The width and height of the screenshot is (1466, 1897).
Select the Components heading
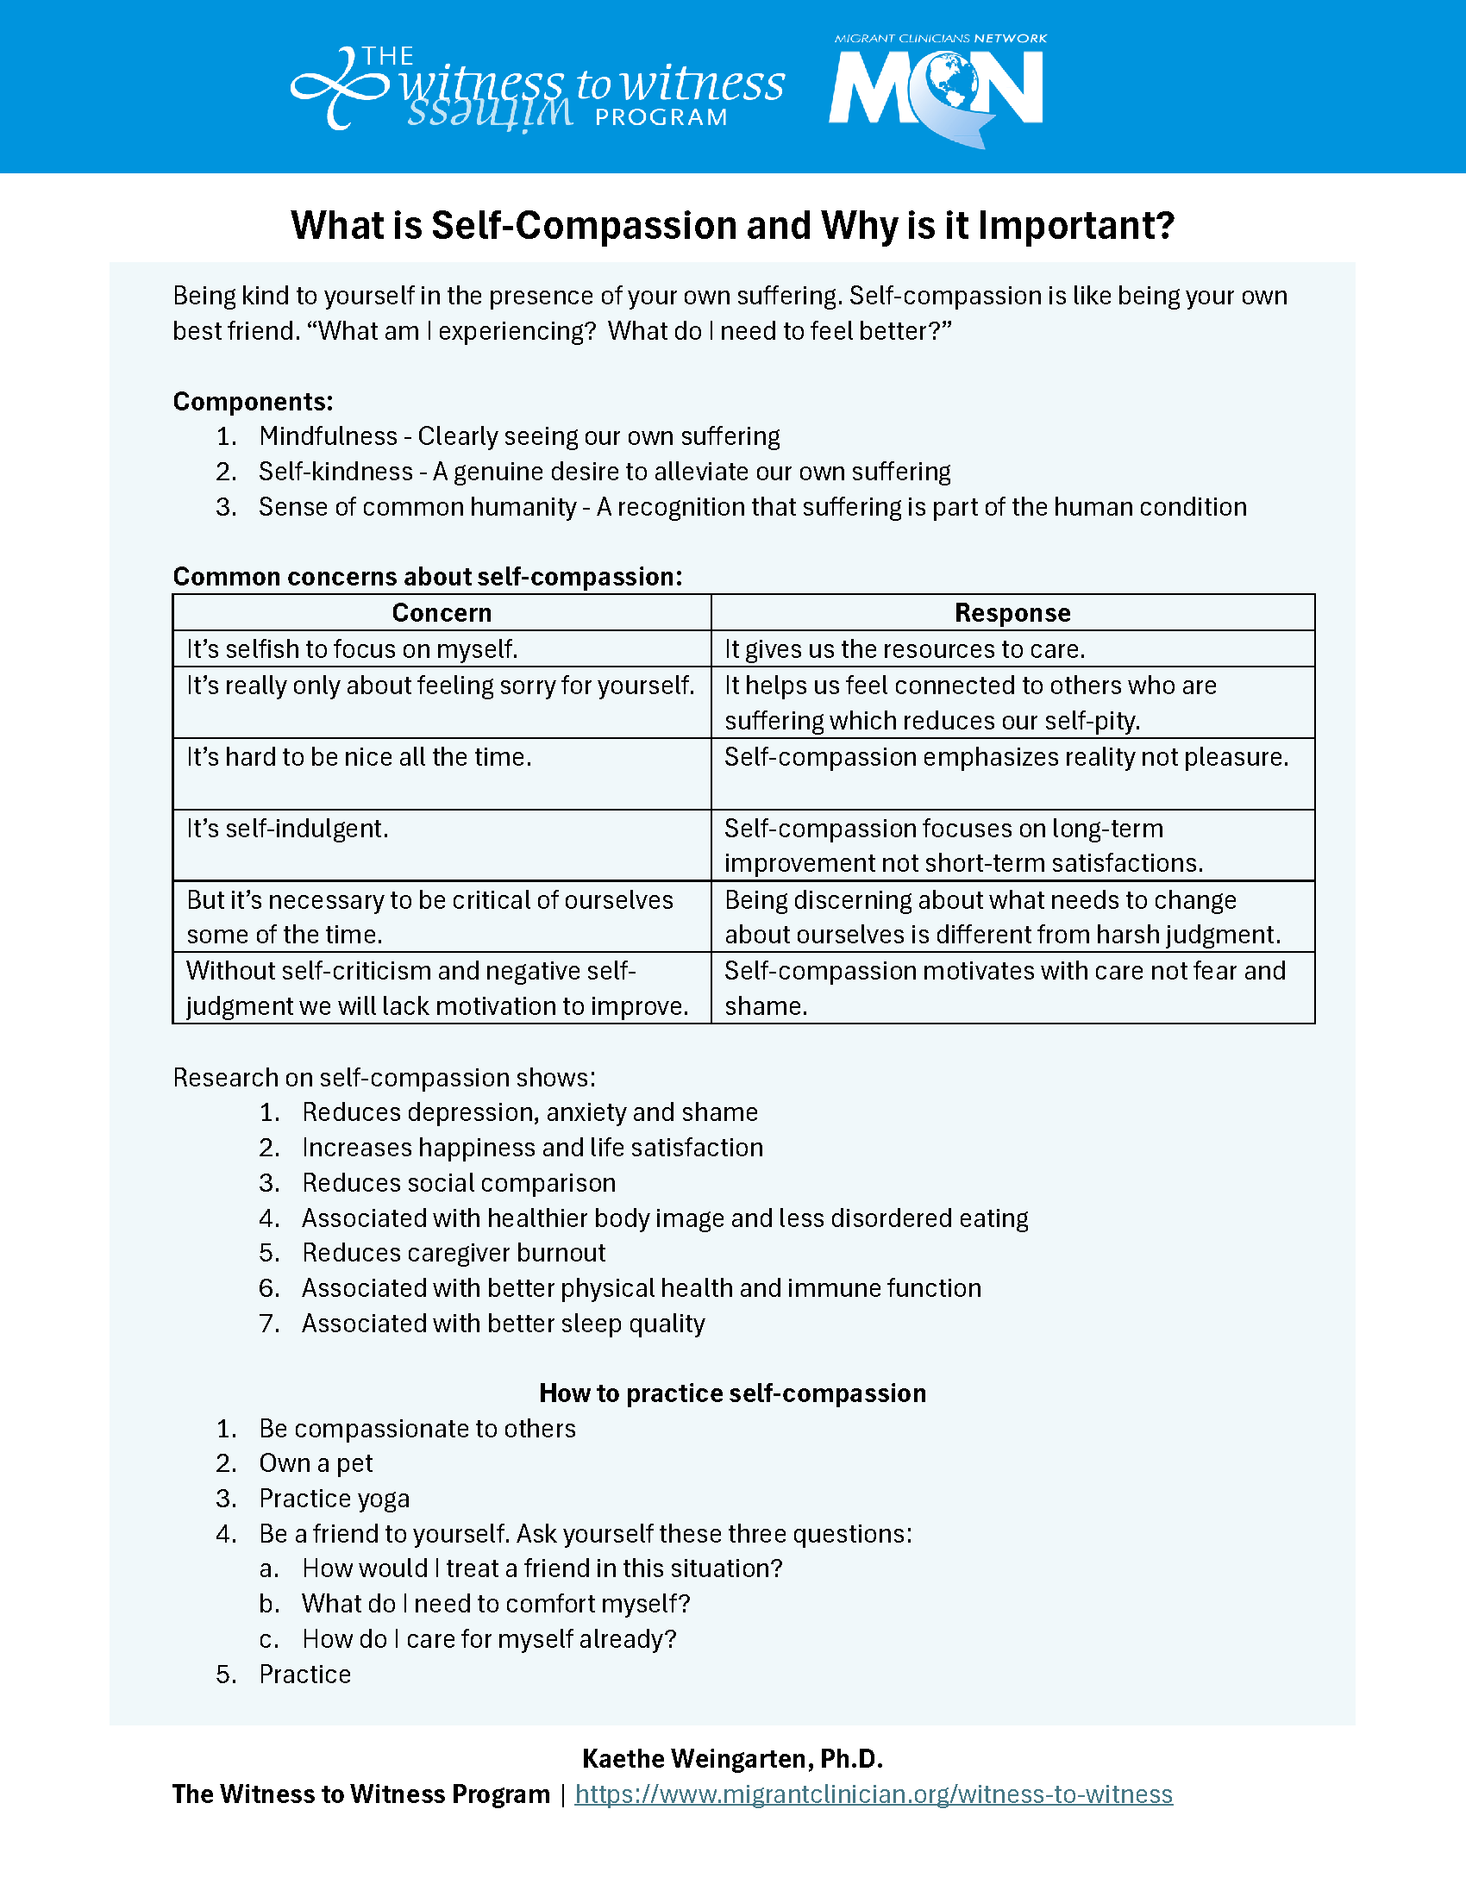click(x=253, y=401)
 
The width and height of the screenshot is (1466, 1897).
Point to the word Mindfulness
click(x=328, y=436)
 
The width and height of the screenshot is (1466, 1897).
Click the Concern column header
click(x=442, y=613)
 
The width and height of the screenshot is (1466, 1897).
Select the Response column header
click(x=1012, y=613)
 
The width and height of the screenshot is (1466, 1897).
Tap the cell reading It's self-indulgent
click(x=287, y=829)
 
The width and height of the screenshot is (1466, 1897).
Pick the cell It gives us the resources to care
click(x=904, y=649)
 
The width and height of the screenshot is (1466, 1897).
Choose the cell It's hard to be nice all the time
click(x=359, y=757)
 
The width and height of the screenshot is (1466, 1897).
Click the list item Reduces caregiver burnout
click(x=454, y=1253)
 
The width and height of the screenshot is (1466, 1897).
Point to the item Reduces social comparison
click(x=459, y=1183)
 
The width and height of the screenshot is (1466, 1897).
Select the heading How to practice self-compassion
click(x=732, y=1393)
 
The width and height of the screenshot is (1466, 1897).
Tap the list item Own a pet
click(x=316, y=1463)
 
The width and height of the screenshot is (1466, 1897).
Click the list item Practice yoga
click(x=335, y=1499)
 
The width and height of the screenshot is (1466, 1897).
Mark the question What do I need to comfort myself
click(x=495, y=1604)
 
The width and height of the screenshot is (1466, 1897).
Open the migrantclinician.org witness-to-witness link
click(x=873, y=1794)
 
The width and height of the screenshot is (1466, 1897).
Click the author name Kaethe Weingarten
click(x=732, y=1759)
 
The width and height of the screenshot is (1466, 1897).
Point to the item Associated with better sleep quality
click(x=503, y=1324)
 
